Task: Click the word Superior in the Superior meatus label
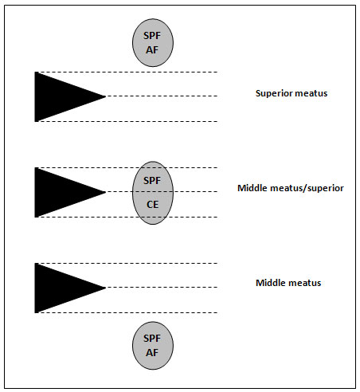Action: coord(274,93)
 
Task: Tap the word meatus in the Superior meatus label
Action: coord(311,93)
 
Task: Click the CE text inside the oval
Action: coord(153,205)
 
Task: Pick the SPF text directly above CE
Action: coord(152,181)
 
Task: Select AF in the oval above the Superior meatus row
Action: coord(152,50)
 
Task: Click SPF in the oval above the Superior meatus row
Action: coord(152,36)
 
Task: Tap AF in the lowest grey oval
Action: coord(152,353)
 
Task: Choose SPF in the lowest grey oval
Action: coord(152,339)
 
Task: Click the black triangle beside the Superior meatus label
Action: coord(58,96)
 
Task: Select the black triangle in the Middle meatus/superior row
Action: coord(58,192)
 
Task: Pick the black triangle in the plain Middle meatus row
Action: coord(58,288)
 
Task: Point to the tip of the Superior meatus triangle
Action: coord(106,96)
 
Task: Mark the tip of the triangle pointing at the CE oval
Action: coord(106,192)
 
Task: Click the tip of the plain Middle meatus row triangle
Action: coord(106,288)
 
